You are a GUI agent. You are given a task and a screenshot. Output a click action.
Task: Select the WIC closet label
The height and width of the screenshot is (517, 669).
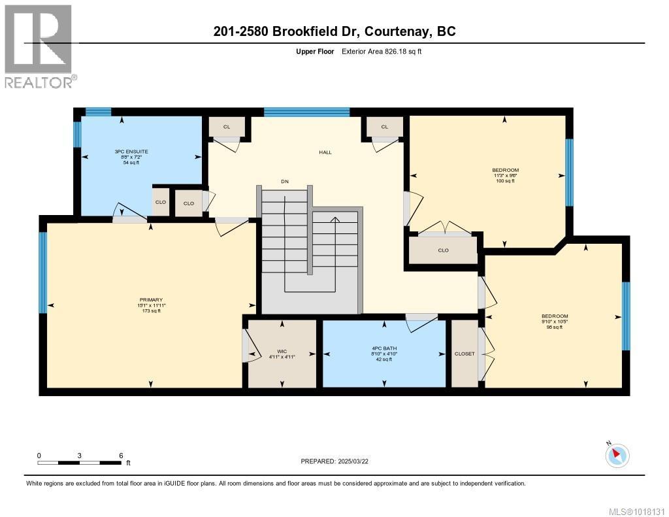click(x=282, y=354)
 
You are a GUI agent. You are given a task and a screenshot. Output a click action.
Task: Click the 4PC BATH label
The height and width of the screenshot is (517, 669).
click(x=384, y=354)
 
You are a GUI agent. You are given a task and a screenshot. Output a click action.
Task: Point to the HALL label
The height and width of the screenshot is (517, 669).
click(x=325, y=152)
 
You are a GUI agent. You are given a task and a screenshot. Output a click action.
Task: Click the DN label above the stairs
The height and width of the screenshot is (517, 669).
click(x=284, y=181)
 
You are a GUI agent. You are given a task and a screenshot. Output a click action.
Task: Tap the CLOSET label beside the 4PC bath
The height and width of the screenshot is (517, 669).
click(x=465, y=354)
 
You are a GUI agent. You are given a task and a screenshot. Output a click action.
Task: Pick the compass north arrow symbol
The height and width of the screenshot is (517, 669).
click(x=617, y=455)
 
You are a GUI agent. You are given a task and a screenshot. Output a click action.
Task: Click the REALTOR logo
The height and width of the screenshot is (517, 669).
click(x=39, y=46)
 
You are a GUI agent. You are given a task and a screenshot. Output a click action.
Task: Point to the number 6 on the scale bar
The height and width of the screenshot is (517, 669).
click(x=121, y=455)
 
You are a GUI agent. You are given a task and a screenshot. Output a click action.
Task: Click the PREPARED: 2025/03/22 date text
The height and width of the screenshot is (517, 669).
click(x=334, y=461)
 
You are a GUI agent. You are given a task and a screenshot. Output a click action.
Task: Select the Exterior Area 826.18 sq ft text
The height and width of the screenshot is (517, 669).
click(x=382, y=51)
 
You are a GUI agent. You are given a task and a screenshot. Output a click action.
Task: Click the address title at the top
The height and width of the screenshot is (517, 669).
click(x=334, y=31)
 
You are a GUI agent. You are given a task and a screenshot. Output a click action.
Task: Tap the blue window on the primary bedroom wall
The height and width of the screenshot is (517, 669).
click(x=43, y=272)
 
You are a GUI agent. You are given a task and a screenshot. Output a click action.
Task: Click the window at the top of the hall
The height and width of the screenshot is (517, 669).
click(x=306, y=112)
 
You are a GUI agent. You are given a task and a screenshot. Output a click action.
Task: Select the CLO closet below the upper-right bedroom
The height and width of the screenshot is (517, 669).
click(x=443, y=249)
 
